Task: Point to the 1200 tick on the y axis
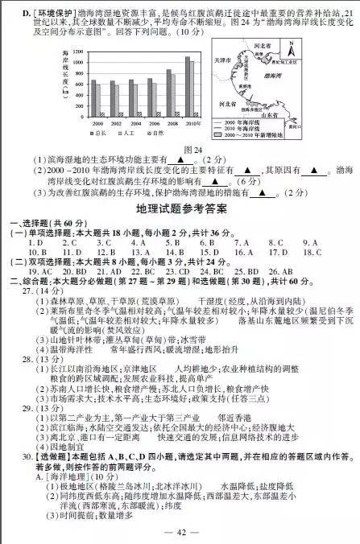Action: tap(77, 51)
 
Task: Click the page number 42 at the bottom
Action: tap(180, 532)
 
